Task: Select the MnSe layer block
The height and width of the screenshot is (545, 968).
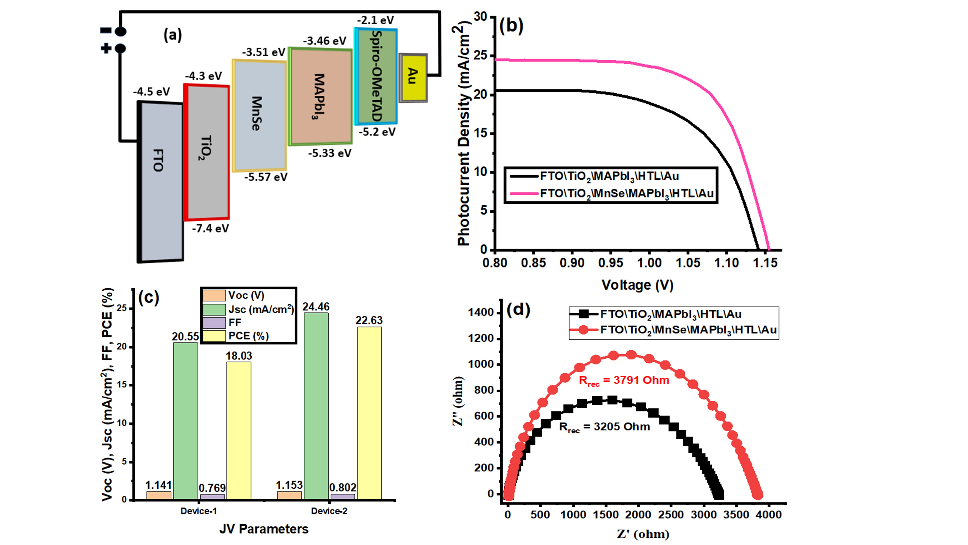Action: (259, 115)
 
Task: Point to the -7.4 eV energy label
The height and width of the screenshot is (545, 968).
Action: (210, 228)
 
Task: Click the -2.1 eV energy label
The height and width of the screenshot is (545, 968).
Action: (375, 20)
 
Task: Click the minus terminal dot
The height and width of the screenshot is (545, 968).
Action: (120, 32)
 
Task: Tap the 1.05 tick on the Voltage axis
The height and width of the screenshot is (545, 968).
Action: (688, 263)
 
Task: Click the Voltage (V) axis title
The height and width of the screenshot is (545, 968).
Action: (637, 285)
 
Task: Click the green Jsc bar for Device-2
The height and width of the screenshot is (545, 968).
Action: (316, 406)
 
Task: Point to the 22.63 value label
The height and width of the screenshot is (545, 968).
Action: (369, 321)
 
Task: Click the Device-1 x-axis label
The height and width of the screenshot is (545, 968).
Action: (198, 511)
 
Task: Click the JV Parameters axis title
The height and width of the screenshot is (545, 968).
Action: (264, 529)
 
